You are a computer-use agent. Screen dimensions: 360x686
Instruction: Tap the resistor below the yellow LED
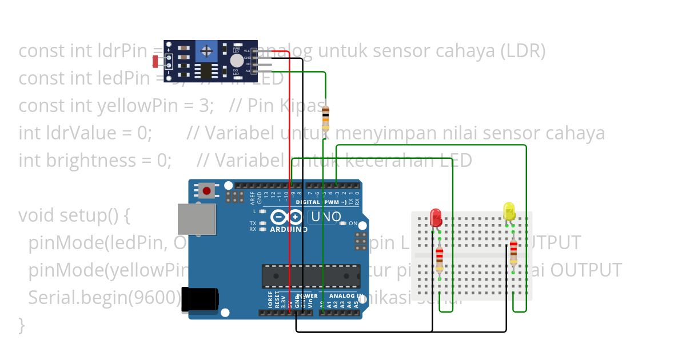coord(513,252)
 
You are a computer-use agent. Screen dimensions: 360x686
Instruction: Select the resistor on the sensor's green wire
coord(325,118)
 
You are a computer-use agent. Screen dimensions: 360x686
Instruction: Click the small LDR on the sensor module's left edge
coord(157,62)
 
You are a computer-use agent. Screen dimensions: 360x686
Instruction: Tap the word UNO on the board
coord(326,217)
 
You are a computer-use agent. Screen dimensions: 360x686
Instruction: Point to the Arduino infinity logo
coord(286,217)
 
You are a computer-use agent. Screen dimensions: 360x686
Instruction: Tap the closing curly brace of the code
coord(22,325)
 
